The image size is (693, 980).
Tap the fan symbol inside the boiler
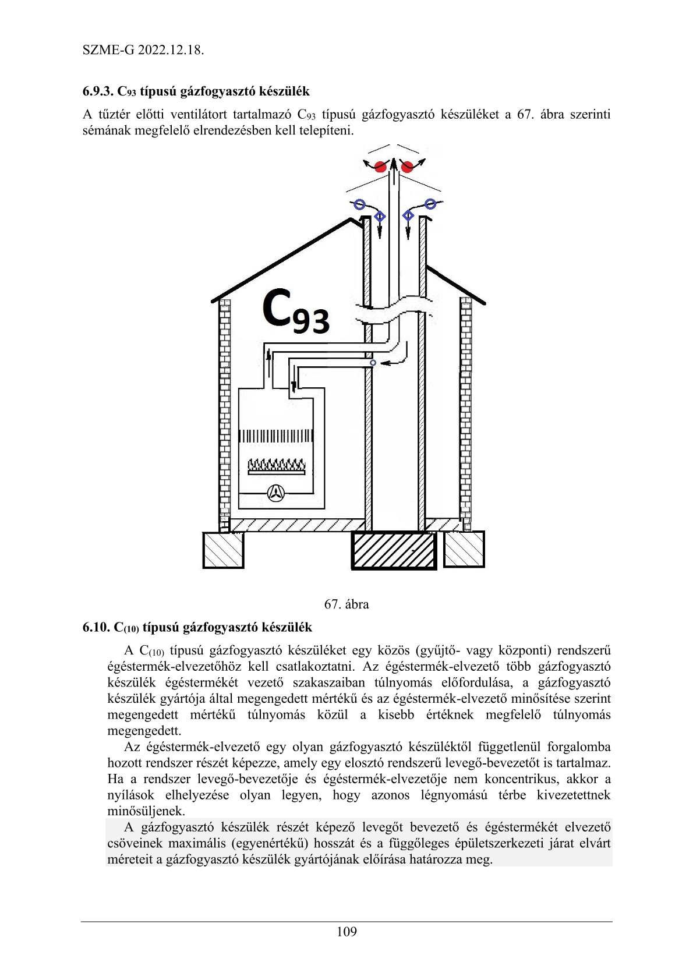(276, 493)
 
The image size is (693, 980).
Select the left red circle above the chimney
(381, 167)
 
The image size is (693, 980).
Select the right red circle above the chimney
(407, 167)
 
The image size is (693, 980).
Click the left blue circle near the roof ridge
(359, 204)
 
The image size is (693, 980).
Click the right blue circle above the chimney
(430, 204)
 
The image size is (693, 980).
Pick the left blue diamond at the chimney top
(380, 217)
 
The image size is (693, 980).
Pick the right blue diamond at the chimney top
(408, 217)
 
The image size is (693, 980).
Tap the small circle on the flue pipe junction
(373, 363)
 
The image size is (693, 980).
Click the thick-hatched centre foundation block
(394, 550)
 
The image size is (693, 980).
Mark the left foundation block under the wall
(223, 550)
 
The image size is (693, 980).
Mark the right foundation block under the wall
(464, 549)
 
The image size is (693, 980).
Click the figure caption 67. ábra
(346, 604)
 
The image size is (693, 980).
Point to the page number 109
(346, 932)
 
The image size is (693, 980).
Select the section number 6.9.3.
(98, 91)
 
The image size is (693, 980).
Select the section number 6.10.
(96, 627)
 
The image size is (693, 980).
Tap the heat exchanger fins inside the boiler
(276, 436)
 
